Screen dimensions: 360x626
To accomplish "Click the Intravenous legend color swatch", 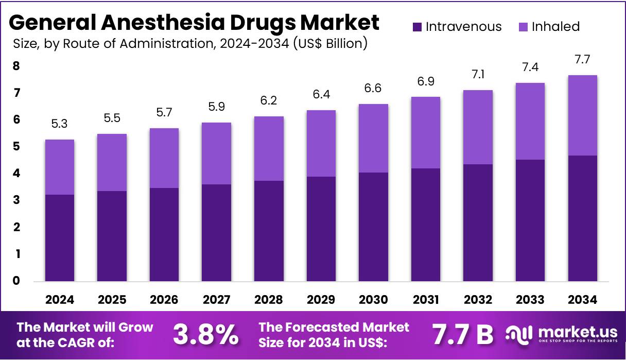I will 417,27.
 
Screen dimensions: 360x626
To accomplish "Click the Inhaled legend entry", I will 548,27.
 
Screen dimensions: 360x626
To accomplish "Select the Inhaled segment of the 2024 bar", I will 59,167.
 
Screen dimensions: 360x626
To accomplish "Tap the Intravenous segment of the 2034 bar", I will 582,218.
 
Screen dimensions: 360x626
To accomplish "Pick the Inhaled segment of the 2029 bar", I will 321,143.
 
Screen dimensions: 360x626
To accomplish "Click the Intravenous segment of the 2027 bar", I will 216,233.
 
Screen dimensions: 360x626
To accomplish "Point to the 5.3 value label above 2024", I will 59,124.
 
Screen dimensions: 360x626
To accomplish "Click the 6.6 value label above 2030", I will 373,89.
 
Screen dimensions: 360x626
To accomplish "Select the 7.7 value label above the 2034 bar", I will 582,60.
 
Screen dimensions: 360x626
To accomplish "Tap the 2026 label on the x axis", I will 164,300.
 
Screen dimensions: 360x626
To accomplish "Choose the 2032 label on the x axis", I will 478,300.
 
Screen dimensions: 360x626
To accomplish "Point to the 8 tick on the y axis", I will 16,66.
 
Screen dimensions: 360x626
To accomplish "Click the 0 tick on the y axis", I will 16,281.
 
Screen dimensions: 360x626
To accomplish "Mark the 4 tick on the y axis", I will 16,174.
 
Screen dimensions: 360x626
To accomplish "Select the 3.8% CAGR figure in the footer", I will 205,335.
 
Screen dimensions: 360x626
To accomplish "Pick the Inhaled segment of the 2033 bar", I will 530,121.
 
